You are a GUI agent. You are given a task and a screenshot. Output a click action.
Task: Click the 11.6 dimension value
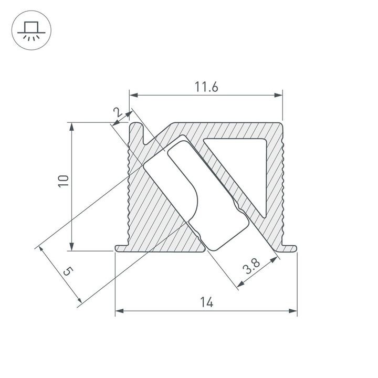[x=206, y=87]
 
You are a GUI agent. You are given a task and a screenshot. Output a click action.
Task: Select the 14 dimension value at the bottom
[x=206, y=302]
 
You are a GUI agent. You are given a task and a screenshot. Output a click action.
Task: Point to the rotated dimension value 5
[x=67, y=271]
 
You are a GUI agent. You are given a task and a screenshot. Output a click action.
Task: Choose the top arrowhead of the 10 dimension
[x=71, y=126]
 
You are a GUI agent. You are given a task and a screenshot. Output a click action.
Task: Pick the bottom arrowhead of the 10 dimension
[x=71, y=248]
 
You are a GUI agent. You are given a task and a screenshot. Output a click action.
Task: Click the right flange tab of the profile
[x=290, y=246]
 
